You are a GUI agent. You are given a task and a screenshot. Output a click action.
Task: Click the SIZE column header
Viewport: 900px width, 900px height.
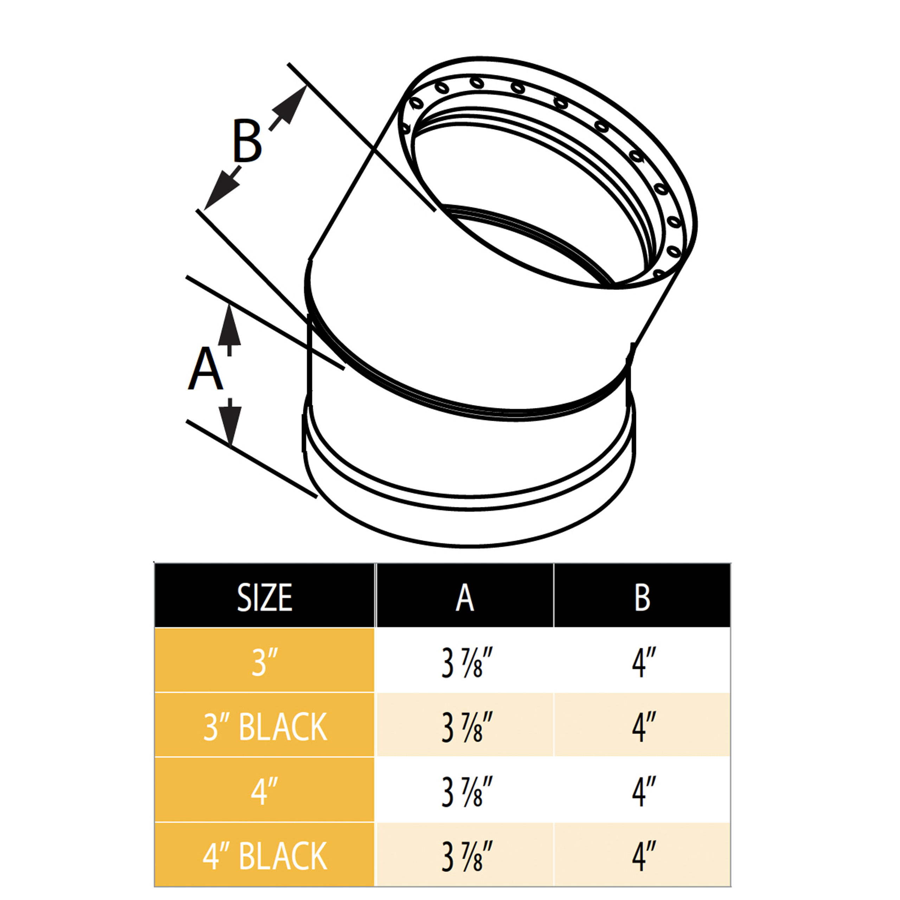(x=265, y=598)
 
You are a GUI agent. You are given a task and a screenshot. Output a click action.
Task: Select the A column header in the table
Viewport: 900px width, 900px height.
(x=464, y=598)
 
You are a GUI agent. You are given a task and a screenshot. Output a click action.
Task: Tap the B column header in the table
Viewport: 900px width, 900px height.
(x=642, y=598)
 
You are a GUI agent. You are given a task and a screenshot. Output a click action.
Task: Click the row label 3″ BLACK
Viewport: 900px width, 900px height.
(x=265, y=727)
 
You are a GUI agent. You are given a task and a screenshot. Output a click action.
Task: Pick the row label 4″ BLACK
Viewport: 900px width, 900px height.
(x=265, y=856)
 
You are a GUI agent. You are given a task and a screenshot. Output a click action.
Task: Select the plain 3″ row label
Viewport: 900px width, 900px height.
(x=265, y=662)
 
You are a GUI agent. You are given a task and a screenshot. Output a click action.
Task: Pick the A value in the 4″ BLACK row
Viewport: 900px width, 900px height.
(x=466, y=856)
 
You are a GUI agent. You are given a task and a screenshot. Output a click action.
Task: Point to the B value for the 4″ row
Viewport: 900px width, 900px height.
(x=643, y=792)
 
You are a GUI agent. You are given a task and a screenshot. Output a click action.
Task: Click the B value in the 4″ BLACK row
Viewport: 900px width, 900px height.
(x=643, y=856)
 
